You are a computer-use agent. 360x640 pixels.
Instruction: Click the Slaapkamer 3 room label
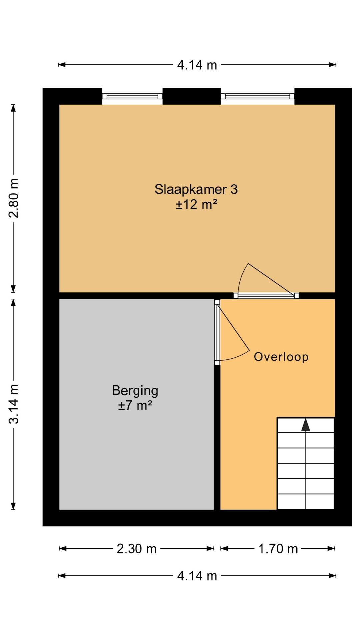click(x=196, y=189)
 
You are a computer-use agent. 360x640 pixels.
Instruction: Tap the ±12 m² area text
click(x=196, y=204)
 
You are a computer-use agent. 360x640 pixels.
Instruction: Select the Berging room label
click(x=135, y=391)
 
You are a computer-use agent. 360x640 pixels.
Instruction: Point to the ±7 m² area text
click(x=135, y=406)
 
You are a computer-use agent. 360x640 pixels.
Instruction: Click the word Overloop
click(x=281, y=357)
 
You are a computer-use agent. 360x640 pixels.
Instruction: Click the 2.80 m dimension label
click(x=14, y=198)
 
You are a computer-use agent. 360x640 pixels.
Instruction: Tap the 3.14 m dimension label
click(x=14, y=404)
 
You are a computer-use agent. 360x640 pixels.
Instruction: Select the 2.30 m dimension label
click(x=136, y=549)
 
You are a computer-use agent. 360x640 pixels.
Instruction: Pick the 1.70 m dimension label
click(x=278, y=549)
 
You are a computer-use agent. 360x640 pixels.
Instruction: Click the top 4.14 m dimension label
click(x=197, y=65)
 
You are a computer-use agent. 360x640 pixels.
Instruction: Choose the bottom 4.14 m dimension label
click(x=197, y=576)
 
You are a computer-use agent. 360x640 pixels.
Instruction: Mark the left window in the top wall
click(x=132, y=96)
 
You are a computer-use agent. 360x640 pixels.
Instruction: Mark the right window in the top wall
click(x=258, y=96)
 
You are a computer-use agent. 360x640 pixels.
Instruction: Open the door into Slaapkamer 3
click(x=266, y=295)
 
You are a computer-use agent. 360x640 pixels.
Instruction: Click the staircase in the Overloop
click(x=306, y=463)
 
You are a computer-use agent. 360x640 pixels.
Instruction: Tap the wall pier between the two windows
click(x=192, y=96)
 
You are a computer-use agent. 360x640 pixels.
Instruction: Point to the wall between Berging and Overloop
click(x=217, y=437)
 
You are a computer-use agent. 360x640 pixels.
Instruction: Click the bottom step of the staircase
click(x=306, y=502)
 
